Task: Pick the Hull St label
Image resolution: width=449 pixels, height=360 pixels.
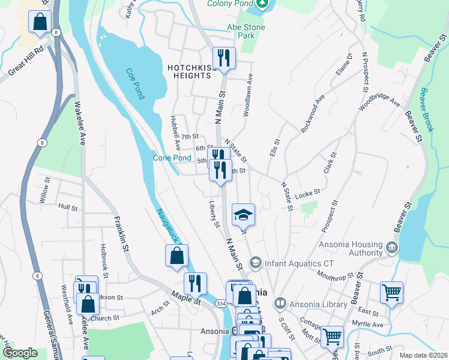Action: coord(68,207)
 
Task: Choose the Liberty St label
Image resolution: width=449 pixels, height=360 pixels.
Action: coord(213,214)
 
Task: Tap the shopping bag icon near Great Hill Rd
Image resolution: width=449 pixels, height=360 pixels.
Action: coord(39,22)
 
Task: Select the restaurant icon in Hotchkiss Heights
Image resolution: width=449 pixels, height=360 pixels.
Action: coord(224,58)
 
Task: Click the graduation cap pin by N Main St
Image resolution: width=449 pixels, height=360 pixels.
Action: coord(243,215)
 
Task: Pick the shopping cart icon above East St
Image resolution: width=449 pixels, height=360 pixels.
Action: coord(391,293)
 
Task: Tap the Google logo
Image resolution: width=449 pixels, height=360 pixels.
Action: coord(20,353)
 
